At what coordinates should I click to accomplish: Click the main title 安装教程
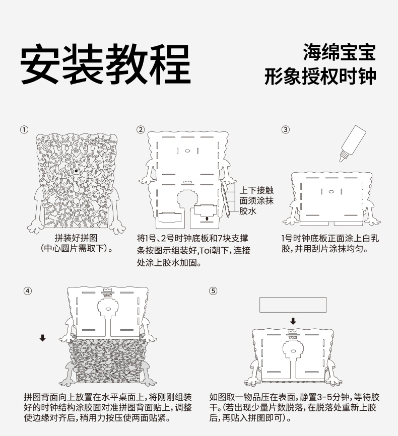pos(106,64)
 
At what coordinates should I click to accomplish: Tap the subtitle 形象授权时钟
pos(320,77)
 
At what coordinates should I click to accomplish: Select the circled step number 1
pos(24,129)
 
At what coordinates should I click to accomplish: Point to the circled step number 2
pos(141,129)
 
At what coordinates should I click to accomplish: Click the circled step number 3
pos(286,129)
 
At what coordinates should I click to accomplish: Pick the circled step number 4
pos(28,291)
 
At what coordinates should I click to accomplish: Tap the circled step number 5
pos(213,291)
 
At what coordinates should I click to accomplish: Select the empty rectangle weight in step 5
pos(293,304)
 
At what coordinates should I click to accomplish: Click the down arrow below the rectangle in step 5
pos(293,321)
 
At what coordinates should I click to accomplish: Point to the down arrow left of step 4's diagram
pos(43,338)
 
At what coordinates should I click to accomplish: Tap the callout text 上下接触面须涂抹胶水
pos(256,200)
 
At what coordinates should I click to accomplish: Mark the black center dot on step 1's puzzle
pos(76,171)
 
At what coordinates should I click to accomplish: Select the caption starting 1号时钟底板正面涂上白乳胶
pos(329,243)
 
